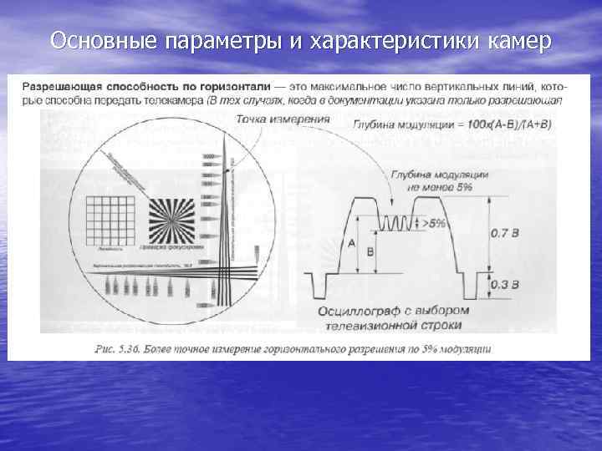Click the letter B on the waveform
(x=370, y=250)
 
